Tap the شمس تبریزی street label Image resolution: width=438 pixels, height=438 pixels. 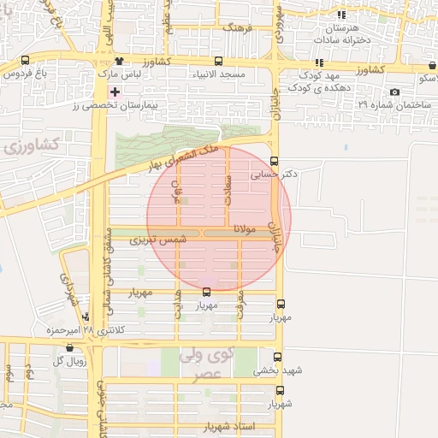coord(157,242)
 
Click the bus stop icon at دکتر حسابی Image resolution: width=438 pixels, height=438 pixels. coord(274,161)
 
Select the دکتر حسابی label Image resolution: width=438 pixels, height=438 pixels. coord(274,175)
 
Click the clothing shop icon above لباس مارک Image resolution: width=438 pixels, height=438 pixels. coord(119,62)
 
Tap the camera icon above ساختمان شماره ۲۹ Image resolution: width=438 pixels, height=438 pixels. coord(394,92)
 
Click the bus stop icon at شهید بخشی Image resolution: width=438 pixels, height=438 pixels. coord(277,358)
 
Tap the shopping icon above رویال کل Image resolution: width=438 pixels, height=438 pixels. coord(69,348)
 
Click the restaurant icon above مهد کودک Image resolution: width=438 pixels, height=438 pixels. coord(319,62)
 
